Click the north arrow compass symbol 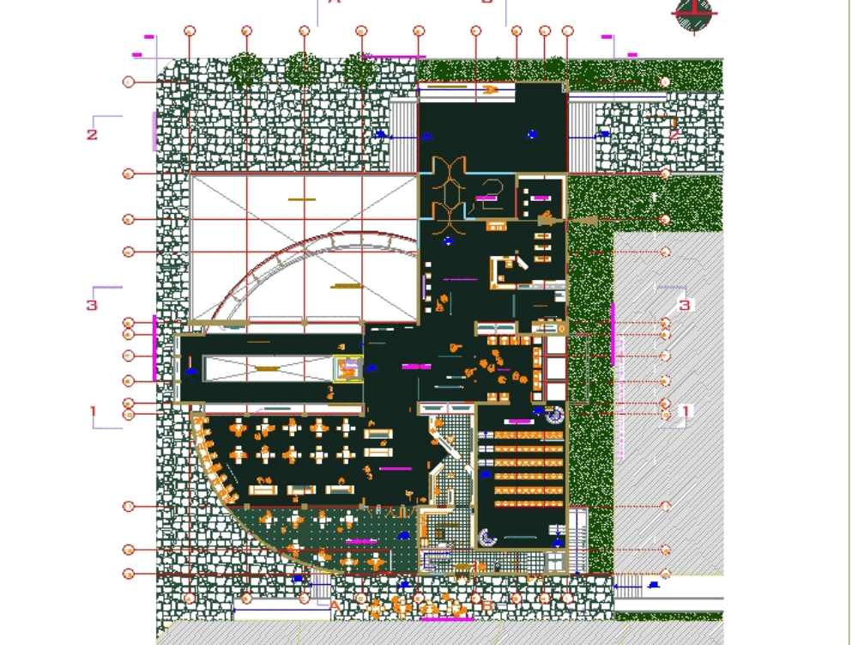(694, 15)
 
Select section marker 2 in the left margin (92, 134)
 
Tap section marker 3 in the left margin (92, 305)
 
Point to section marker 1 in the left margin (94, 411)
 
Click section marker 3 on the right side (684, 305)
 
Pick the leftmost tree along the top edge (246, 68)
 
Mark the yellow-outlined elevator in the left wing (348, 369)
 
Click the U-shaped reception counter (506, 272)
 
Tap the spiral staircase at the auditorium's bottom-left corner (487, 539)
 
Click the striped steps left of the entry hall (402, 137)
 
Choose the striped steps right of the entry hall (582, 137)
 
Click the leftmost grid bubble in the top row (190, 31)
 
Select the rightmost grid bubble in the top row (567, 31)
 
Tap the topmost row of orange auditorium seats (529, 436)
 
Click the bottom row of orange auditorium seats (529, 503)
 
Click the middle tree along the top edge (303, 68)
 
